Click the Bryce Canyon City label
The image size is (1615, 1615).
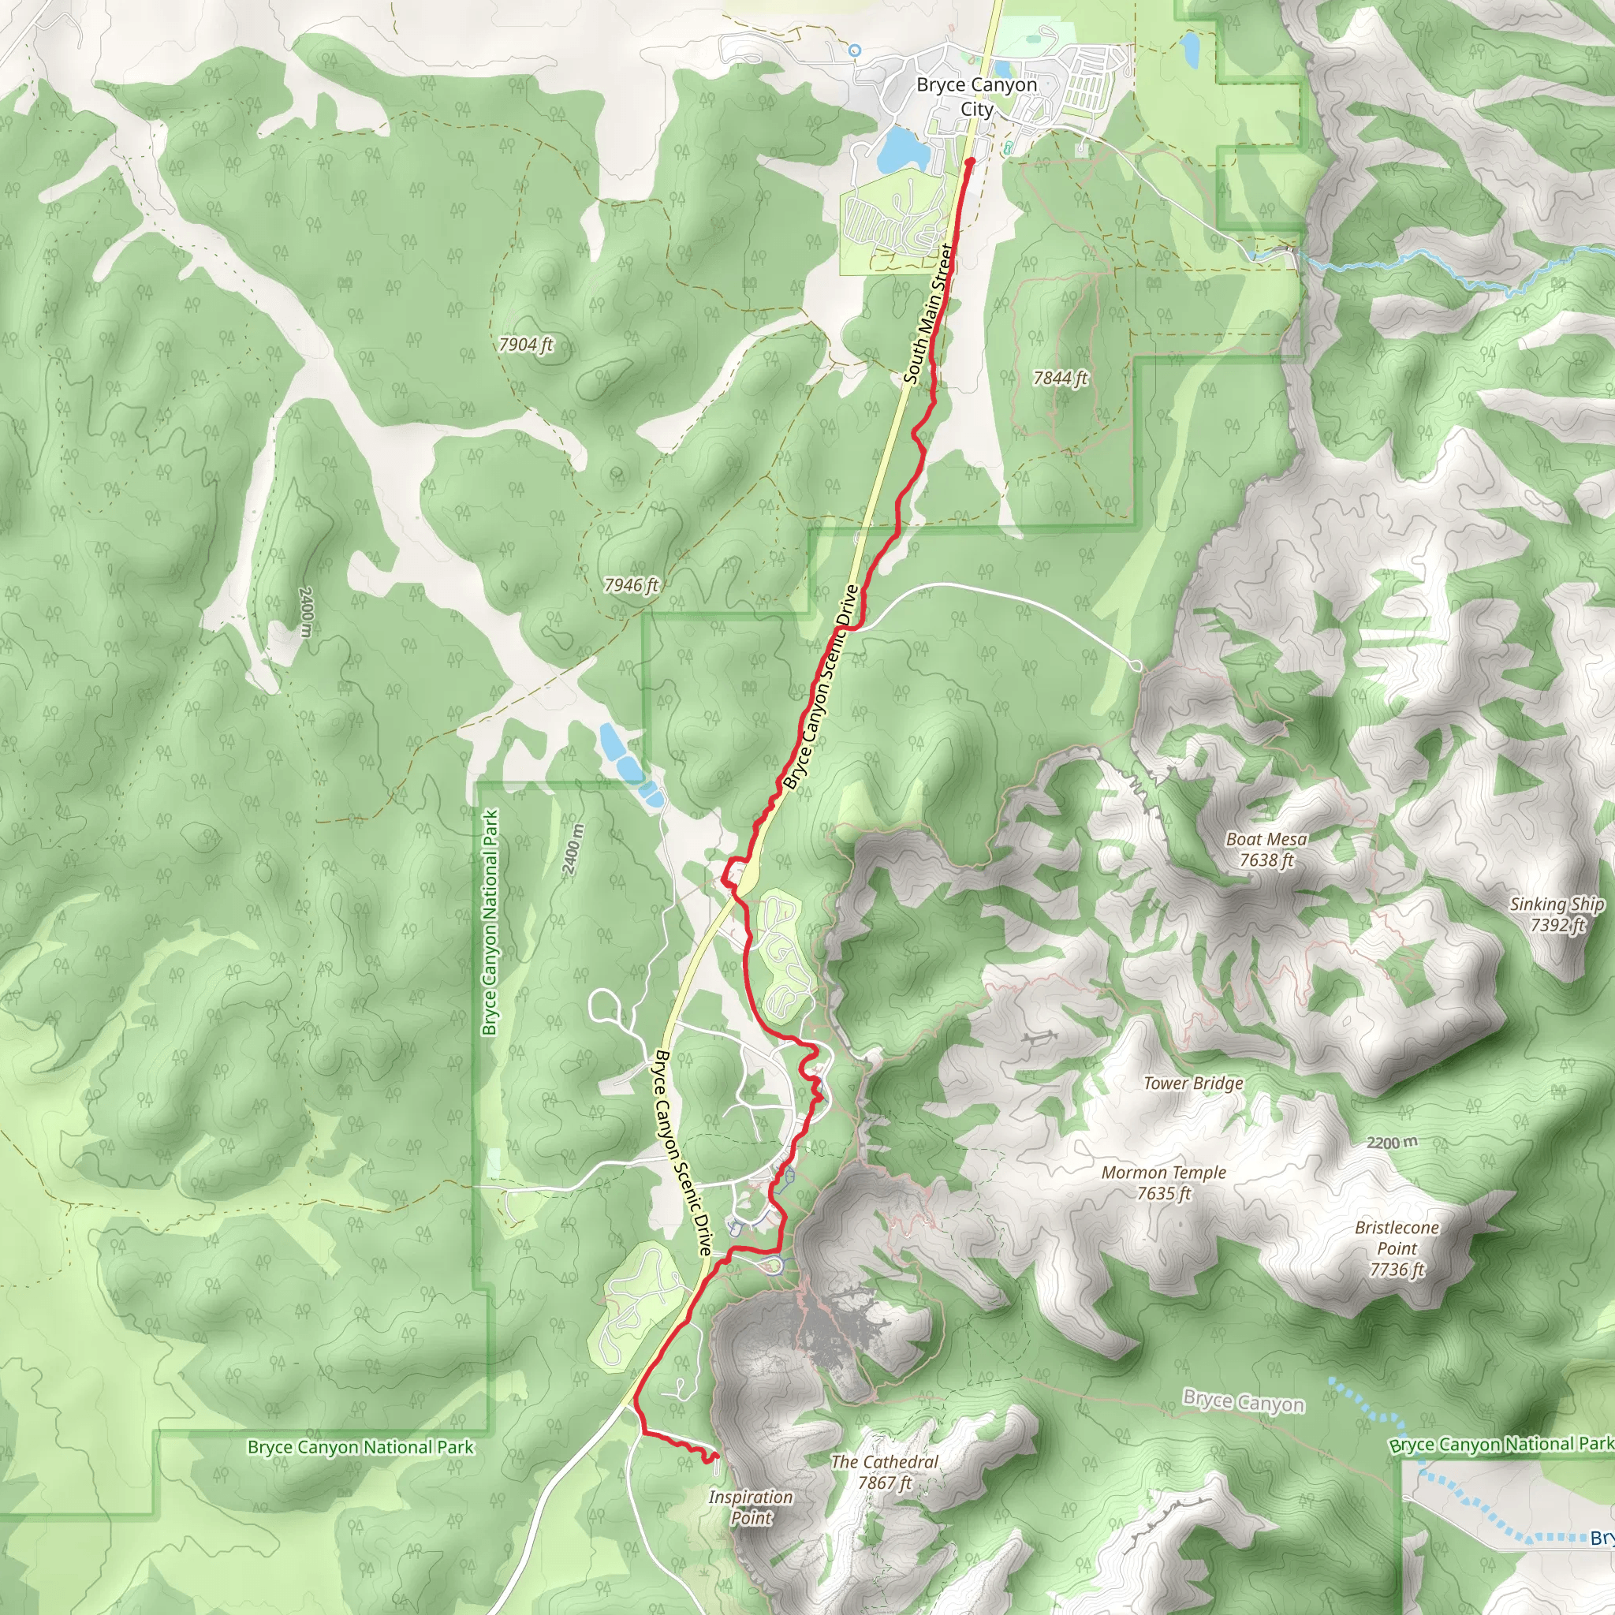(x=976, y=97)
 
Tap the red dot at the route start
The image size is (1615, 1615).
(x=971, y=162)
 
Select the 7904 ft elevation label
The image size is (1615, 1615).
(x=526, y=345)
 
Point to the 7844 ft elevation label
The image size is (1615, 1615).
(x=1061, y=378)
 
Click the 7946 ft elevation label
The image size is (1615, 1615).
(x=632, y=585)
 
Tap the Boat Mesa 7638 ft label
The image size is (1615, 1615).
(x=1266, y=849)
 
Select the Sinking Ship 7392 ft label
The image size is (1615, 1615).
(x=1557, y=914)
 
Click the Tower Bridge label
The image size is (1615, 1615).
(x=1193, y=1084)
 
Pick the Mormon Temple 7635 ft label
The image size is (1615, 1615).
(x=1164, y=1183)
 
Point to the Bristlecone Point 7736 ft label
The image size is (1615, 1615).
(x=1397, y=1249)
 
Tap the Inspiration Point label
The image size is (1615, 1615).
(x=751, y=1507)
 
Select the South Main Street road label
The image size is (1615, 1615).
(x=929, y=314)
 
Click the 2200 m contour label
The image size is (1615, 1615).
(x=1392, y=1143)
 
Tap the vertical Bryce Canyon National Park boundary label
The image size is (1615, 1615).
(x=490, y=922)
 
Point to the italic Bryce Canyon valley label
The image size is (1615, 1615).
(x=1243, y=1402)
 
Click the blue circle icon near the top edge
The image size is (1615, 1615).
(x=854, y=51)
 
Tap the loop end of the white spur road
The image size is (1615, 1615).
(x=1136, y=666)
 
